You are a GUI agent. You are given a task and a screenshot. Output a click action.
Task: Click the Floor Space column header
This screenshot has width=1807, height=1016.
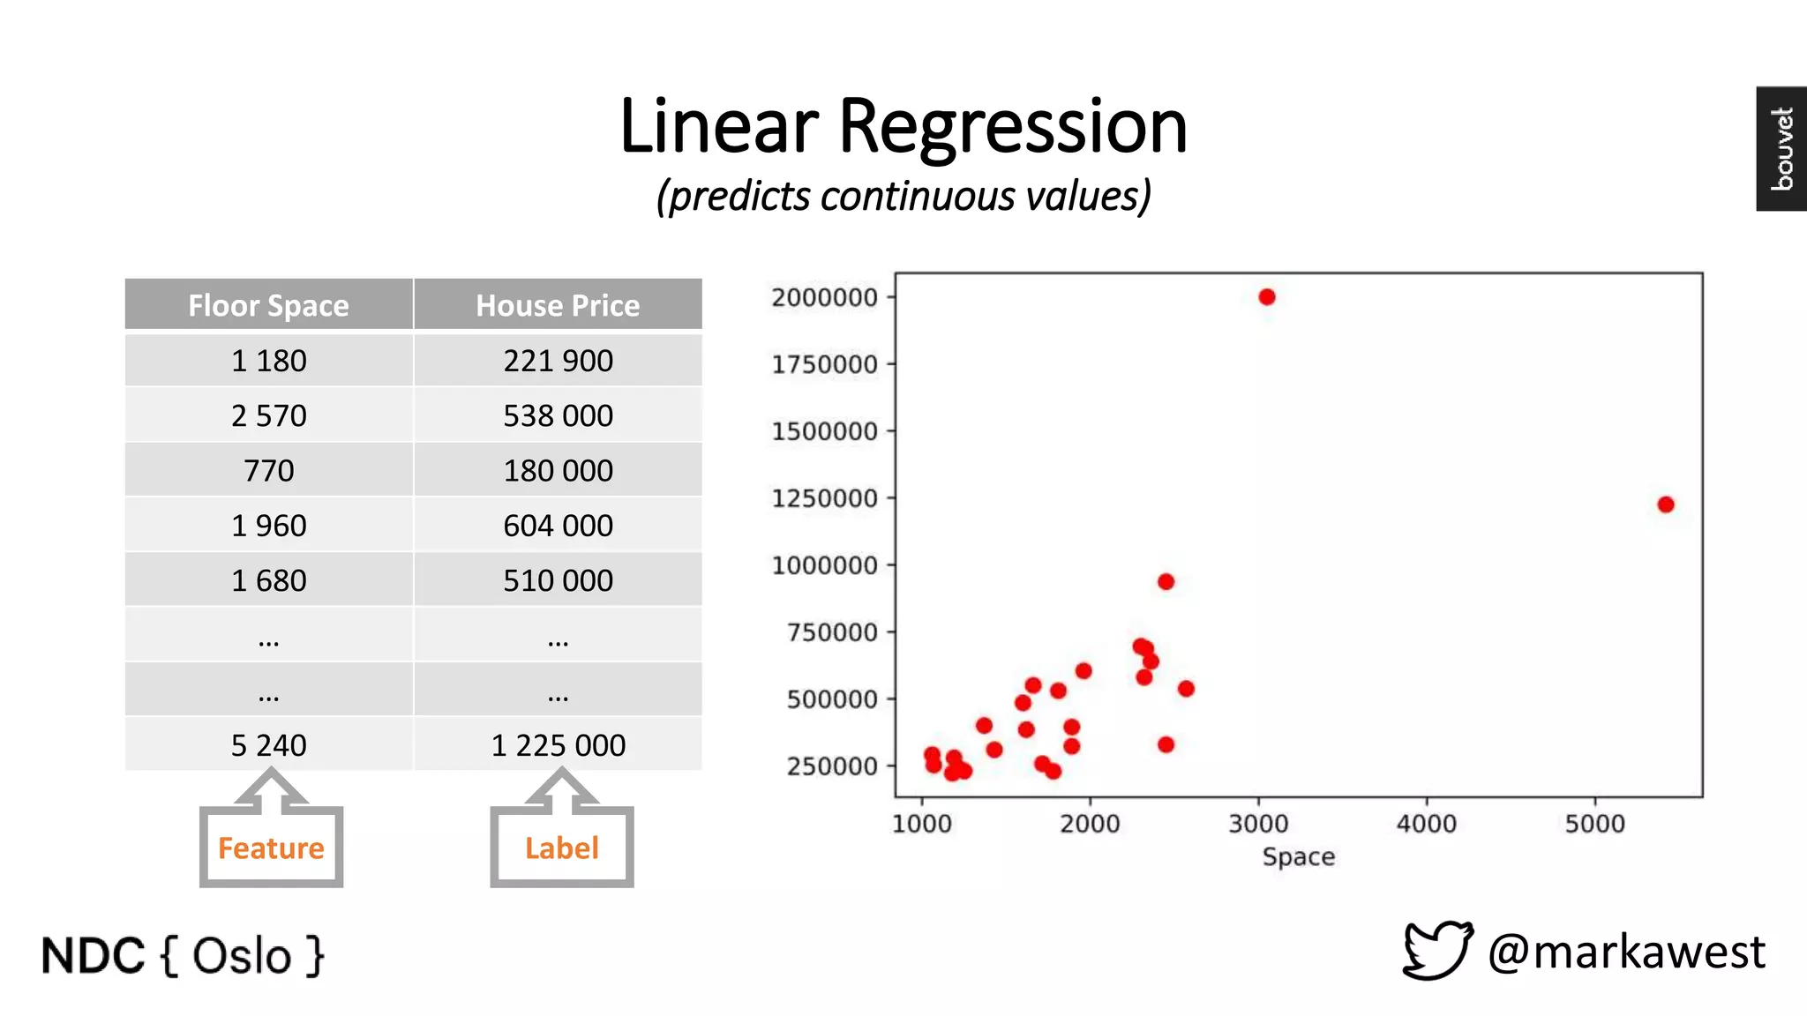(268, 305)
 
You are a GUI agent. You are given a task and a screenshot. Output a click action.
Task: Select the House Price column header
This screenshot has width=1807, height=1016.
(558, 305)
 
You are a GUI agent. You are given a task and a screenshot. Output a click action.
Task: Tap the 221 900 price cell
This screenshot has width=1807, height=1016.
(558, 361)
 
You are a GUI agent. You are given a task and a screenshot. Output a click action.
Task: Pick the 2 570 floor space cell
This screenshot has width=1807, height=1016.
(268, 415)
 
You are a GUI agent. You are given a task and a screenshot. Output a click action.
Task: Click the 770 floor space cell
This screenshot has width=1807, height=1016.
(268, 470)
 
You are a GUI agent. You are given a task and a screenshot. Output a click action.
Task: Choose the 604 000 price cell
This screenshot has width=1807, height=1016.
(558, 526)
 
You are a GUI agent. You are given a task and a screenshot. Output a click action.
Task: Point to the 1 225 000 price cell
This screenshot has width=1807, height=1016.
(558, 745)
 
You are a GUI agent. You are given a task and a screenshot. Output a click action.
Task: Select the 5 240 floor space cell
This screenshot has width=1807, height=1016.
(268, 745)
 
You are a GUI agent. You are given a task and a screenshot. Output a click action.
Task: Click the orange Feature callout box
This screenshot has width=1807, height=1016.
(271, 847)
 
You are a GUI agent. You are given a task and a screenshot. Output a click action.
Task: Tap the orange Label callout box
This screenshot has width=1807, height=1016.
(561, 847)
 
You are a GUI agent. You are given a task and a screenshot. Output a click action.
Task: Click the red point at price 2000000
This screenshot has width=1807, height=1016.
(1267, 297)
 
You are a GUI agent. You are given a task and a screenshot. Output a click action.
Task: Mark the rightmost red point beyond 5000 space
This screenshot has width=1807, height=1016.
(1666, 504)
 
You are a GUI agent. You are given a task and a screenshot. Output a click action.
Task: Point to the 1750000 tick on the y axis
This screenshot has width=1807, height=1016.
(825, 364)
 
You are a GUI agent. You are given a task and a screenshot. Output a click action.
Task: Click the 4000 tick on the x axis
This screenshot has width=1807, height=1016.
(1427, 824)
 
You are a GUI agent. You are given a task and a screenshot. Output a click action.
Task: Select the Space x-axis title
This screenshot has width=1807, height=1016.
(1298, 856)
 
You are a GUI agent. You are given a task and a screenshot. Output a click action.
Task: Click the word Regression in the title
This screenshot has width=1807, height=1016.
(1012, 126)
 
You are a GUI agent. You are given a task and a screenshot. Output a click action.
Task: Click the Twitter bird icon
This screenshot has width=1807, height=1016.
(1437, 950)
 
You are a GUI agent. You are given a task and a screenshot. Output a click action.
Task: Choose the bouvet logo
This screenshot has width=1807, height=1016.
(1781, 148)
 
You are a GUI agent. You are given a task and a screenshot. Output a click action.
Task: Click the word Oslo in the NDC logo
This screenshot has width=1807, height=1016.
(242, 956)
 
